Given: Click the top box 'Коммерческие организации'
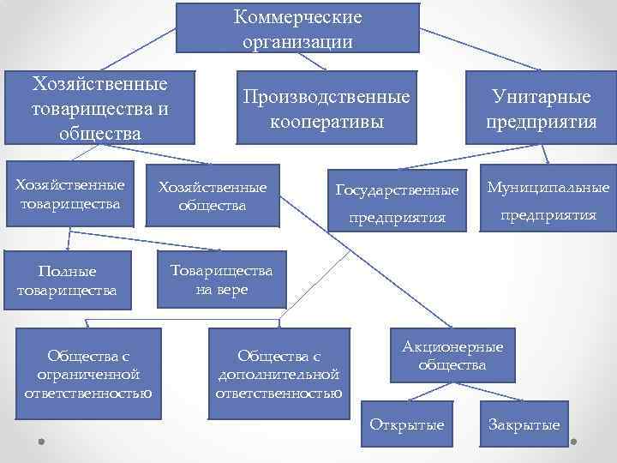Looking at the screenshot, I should click(297, 28).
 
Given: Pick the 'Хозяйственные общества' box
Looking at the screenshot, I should click(210, 196).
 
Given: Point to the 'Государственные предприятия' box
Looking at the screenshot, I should click(397, 202).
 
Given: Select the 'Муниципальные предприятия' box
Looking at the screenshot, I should click(548, 201).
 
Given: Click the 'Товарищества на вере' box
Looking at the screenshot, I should click(221, 280).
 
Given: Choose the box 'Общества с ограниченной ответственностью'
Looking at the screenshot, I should click(94, 374).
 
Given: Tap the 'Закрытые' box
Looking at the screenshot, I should click(524, 424).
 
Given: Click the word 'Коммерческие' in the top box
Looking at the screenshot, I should click(297, 18).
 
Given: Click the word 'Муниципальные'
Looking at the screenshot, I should click(548, 188).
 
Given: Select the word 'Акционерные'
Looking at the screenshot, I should click(452, 346).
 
